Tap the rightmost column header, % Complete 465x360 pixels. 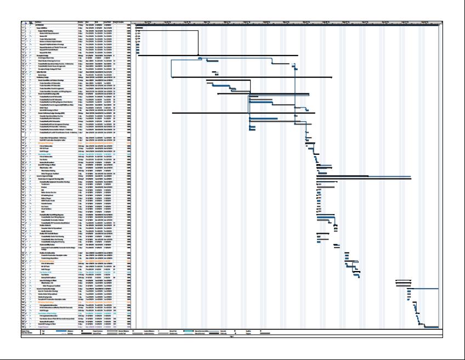[128, 22]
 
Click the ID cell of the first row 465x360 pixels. [24, 25]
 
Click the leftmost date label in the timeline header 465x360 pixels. [148, 22]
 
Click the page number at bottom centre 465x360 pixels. [232, 336]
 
